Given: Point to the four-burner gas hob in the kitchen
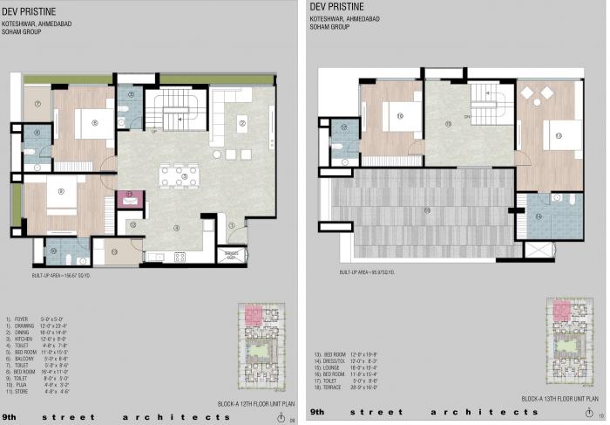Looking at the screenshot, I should [180, 257].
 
